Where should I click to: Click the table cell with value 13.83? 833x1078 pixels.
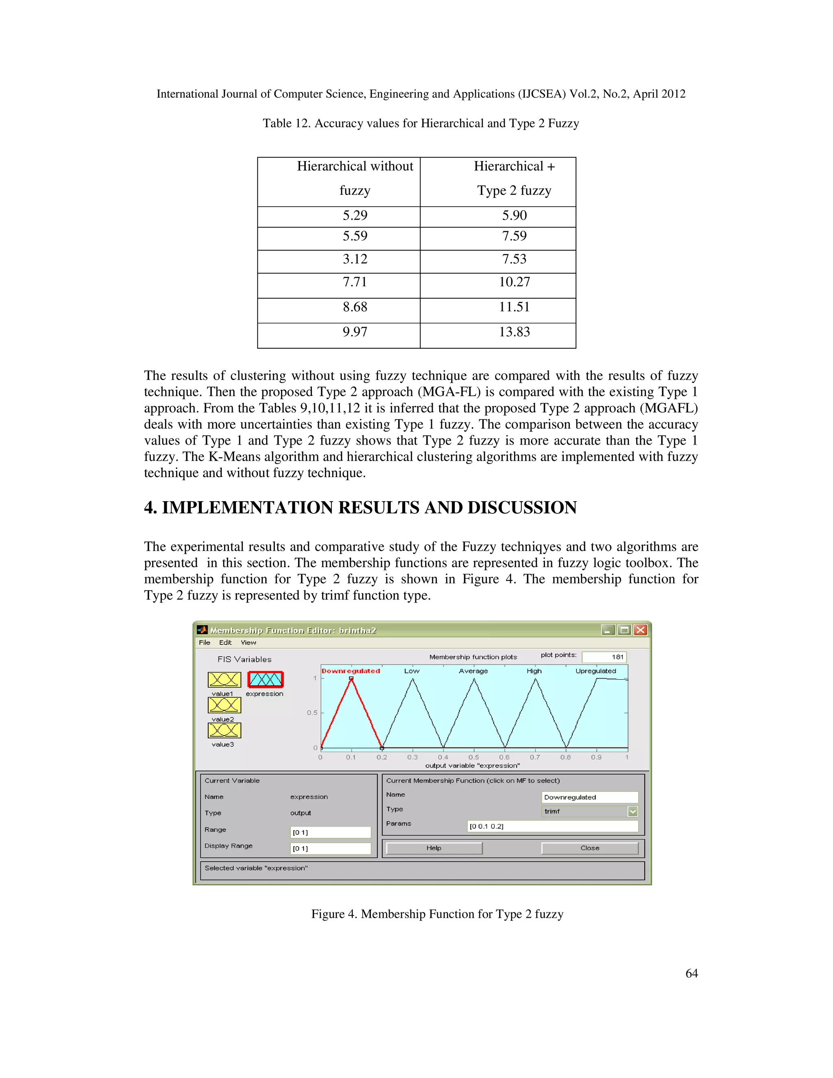[x=514, y=332]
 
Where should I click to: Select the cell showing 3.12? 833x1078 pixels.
[x=355, y=259]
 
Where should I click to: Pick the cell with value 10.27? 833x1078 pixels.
[x=514, y=282]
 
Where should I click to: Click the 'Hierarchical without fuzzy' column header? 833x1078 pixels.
[x=355, y=178]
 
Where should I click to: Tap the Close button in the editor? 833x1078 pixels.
[x=590, y=848]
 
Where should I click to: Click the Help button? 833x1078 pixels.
[x=434, y=848]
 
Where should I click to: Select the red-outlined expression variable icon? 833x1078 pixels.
[x=266, y=680]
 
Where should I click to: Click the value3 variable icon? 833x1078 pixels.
[x=224, y=731]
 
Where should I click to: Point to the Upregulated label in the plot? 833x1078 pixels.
[x=595, y=671]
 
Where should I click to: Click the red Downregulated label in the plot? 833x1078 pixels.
[x=351, y=671]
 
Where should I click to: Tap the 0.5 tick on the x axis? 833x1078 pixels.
[x=474, y=757]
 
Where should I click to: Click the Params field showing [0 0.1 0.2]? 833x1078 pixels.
[x=552, y=826]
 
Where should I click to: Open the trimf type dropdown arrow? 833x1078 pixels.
[x=632, y=812]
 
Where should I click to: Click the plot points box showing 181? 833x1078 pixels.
[x=604, y=657]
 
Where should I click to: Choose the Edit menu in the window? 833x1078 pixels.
[x=225, y=643]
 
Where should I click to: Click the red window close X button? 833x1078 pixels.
[x=640, y=630]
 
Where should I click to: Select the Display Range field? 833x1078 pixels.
[x=331, y=849]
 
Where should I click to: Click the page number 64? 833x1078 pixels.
[x=691, y=973]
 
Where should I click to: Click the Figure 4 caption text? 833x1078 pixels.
[x=437, y=914]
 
